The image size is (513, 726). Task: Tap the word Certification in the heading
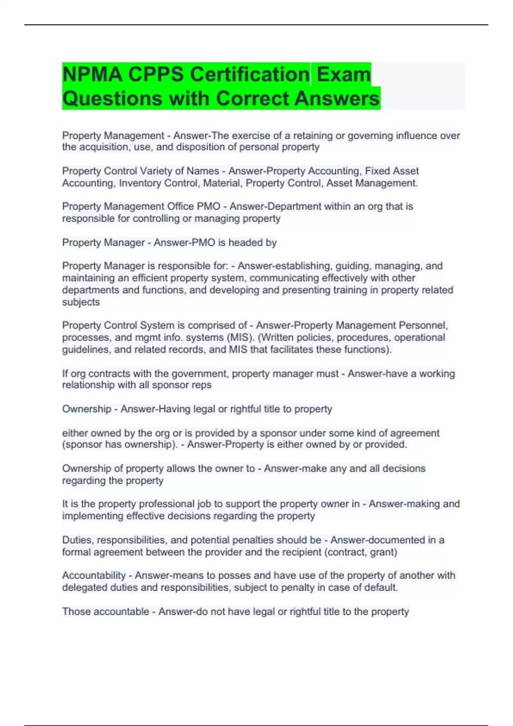250,74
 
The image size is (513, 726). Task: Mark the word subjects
81,302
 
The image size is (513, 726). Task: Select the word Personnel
423,325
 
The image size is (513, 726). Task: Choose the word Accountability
94,576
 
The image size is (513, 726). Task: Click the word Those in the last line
76,612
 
